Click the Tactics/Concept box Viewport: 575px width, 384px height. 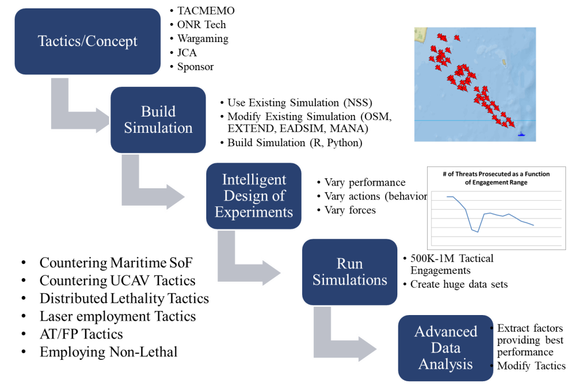tap(87, 41)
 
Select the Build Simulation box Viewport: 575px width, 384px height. tap(158, 120)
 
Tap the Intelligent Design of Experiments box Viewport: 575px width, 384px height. tap(254, 196)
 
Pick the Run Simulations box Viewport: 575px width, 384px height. tap(350, 272)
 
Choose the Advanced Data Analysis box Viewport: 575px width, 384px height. tap(446, 348)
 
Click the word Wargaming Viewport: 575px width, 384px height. tap(203, 39)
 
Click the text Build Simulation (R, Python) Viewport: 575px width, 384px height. tap(295, 143)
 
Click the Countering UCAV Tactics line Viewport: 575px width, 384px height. tap(117, 281)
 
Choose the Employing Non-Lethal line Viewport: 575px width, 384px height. tap(109, 352)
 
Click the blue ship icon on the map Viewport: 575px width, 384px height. tap(521, 134)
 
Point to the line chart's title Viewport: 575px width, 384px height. tap(496, 178)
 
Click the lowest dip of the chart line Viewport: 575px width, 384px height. tap(478, 232)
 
